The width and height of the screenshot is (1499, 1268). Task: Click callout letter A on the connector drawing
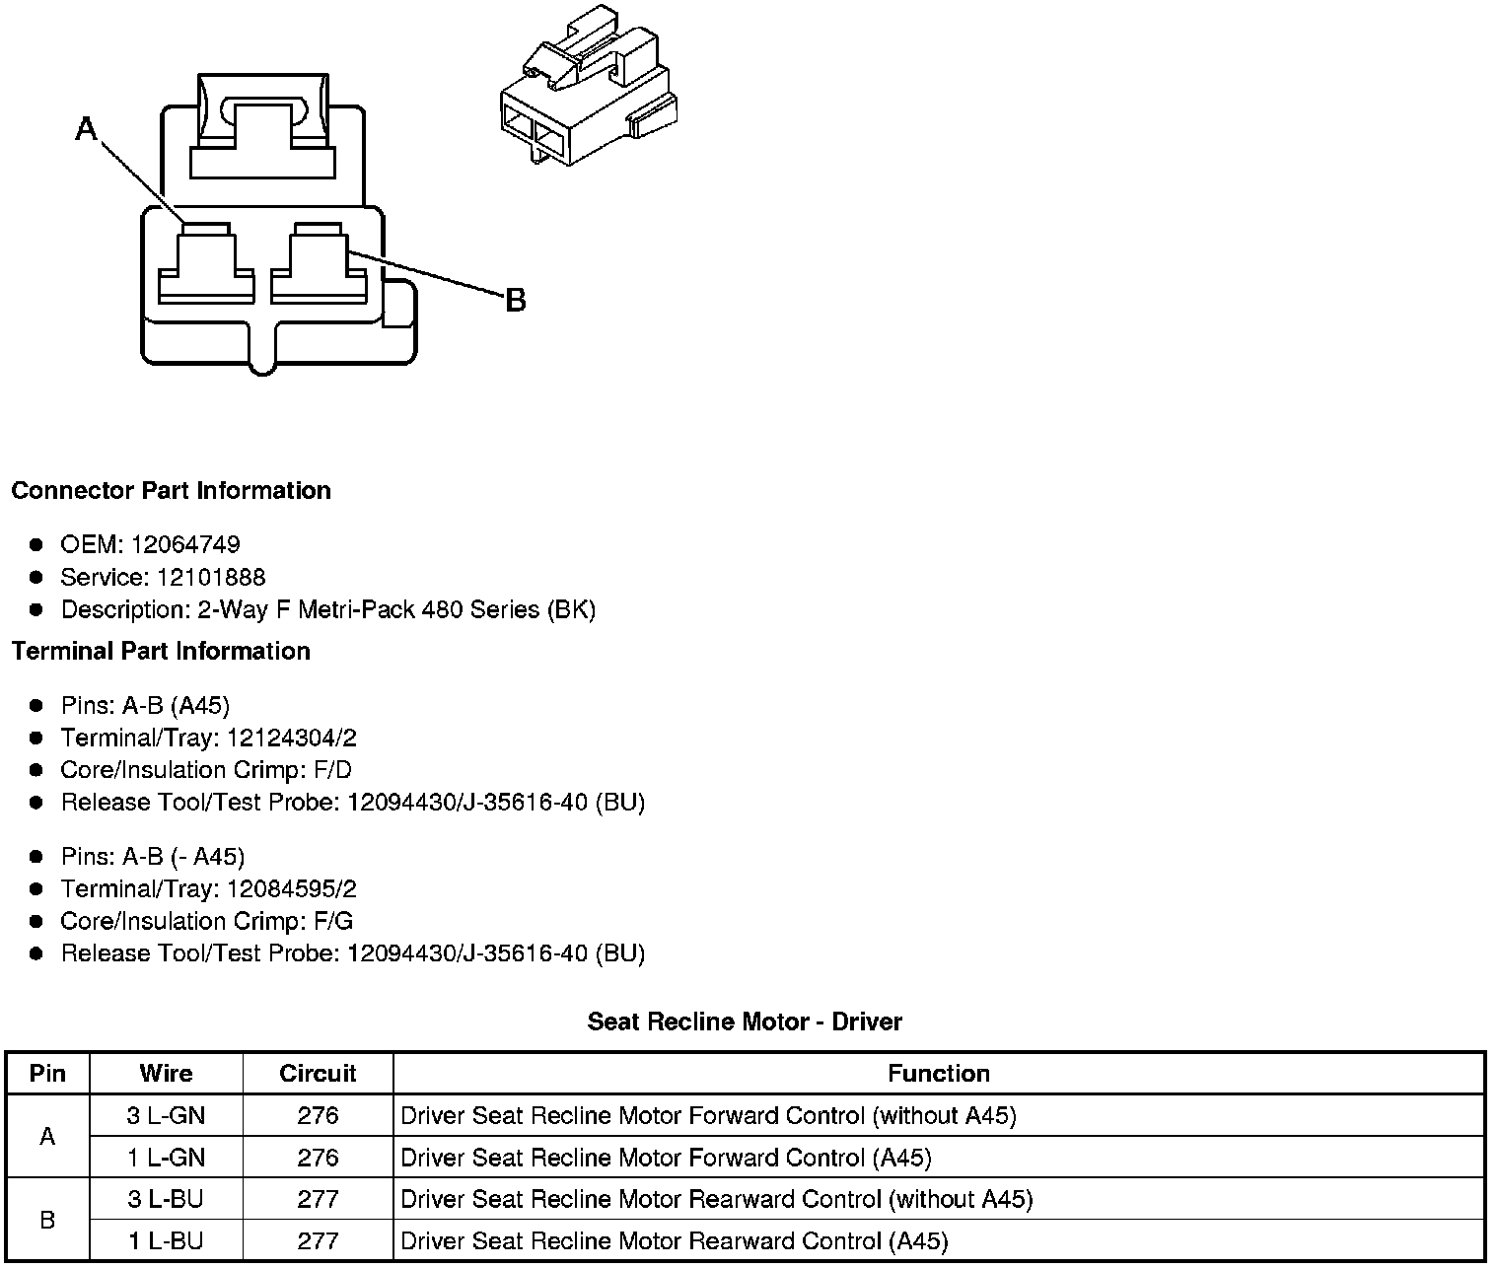pos(87,128)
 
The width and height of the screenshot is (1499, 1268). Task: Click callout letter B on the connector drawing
pos(515,300)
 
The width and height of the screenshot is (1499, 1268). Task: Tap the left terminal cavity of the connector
pos(206,263)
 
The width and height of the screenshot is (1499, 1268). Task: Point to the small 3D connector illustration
pos(586,89)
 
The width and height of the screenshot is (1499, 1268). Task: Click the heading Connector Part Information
pos(171,491)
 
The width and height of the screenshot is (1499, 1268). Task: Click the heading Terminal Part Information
pos(161,651)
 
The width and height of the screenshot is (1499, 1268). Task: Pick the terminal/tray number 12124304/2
pos(291,738)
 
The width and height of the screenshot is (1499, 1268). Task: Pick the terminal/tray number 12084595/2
pos(291,888)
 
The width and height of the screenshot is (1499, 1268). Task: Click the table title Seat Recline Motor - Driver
pos(745,1021)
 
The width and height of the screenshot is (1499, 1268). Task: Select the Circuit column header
pos(318,1073)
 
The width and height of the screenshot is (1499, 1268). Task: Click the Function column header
pos(938,1073)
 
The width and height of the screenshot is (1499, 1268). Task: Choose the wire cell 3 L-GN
pos(166,1115)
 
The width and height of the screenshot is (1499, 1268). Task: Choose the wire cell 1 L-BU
pos(166,1240)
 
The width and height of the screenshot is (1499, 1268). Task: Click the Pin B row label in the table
pos(47,1220)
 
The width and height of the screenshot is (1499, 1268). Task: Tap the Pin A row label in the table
pos(47,1136)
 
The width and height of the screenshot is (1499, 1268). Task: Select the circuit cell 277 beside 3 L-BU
pos(318,1199)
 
